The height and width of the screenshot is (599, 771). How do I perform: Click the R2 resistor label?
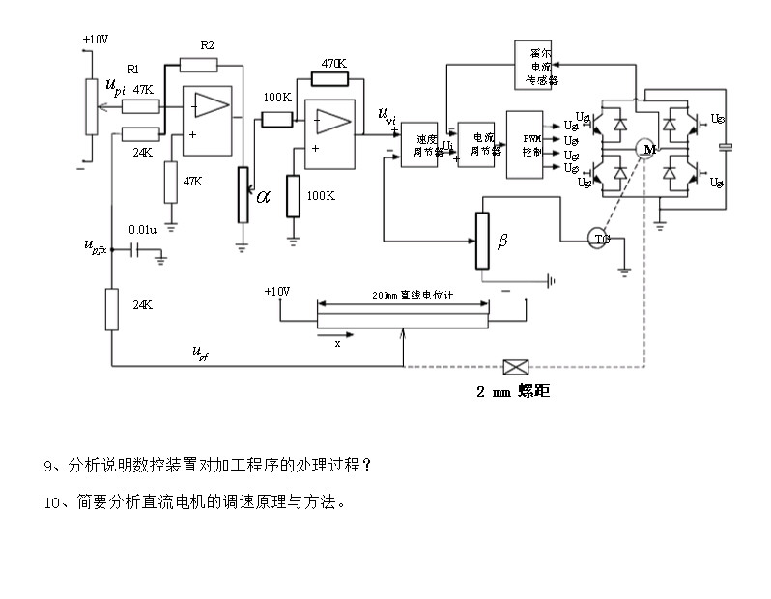tap(207, 45)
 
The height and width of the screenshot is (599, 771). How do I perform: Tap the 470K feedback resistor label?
tap(333, 63)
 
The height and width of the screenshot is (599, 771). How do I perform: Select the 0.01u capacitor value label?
tap(142, 230)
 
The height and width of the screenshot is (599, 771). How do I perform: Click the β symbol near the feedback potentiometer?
tap(502, 240)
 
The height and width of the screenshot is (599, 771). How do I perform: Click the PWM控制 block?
tap(528, 144)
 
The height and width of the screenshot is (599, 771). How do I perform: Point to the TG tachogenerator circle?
tap(599, 239)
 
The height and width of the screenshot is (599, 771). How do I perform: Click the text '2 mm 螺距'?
tap(513, 392)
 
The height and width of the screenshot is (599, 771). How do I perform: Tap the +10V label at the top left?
tap(95, 39)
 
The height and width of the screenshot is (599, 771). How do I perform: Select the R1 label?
tap(133, 70)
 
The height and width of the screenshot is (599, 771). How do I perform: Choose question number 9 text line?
tap(208, 466)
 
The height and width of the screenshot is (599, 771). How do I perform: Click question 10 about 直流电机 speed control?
tap(194, 502)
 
